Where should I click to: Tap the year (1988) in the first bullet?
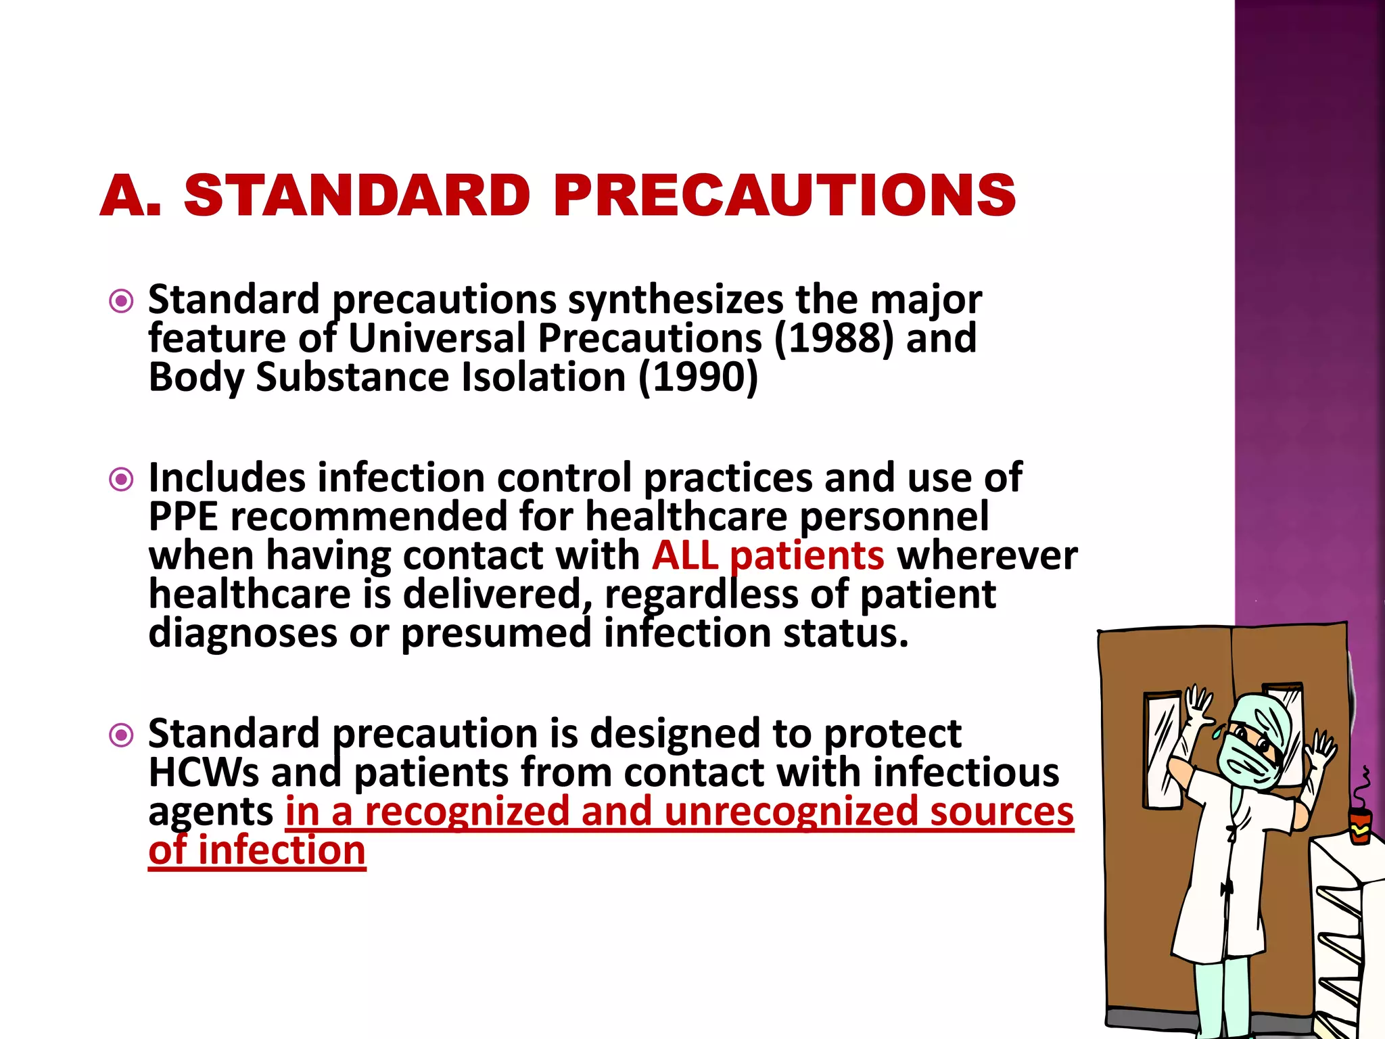pyautogui.click(x=833, y=338)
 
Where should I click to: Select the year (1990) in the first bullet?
pyautogui.click(x=699, y=377)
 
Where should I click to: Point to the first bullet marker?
pyautogui.click(x=121, y=301)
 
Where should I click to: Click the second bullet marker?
pyautogui.click(x=121, y=480)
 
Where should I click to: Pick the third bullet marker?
pyautogui.click(x=121, y=735)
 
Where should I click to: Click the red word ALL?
pyautogui.click(x=685, y=555)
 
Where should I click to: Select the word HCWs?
pyautogui.click(x=204, y=772)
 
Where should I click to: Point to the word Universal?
pyautogui.click(x=437, y=338)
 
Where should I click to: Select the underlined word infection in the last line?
pyautogui.click(x=281, y=850)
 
